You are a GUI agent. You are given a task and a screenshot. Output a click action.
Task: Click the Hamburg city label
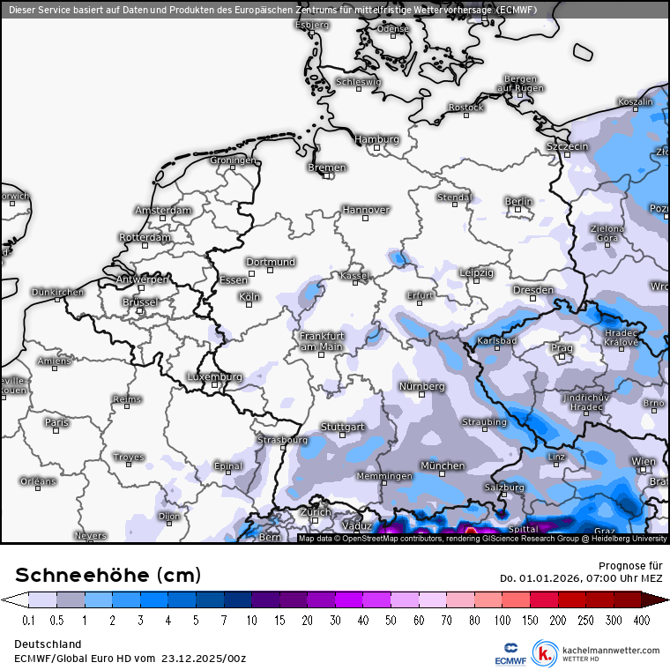(x=376, y=139)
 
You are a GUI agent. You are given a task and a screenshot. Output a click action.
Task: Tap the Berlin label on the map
(x=519, y=202)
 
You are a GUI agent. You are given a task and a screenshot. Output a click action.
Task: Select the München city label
(x=443, y=465)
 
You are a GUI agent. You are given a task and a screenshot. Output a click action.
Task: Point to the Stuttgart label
(x=343, y=427)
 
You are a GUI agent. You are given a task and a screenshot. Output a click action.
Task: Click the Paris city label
(x=56, y=422)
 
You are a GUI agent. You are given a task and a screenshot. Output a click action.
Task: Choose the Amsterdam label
(x=163, y=211)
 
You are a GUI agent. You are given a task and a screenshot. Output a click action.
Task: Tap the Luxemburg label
(x=214, y=377)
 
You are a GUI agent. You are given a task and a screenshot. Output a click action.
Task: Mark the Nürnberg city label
(x=422, y=387)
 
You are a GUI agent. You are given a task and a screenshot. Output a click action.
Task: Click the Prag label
(x=562, y=348)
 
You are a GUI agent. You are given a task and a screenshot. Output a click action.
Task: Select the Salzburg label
(x=505, y=487)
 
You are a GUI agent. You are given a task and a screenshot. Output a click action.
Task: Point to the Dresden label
(x=533, y=290)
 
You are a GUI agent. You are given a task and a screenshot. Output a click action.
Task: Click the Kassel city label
(x=354, y=276)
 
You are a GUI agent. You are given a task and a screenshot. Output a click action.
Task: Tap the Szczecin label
(x=567, y=146)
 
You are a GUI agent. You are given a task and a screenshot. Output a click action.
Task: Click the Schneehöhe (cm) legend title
(x=108, y=575)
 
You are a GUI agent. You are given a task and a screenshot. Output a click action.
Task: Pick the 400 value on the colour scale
(x=640, y=621)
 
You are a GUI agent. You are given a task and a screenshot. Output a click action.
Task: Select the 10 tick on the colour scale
(x=251, y=621)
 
